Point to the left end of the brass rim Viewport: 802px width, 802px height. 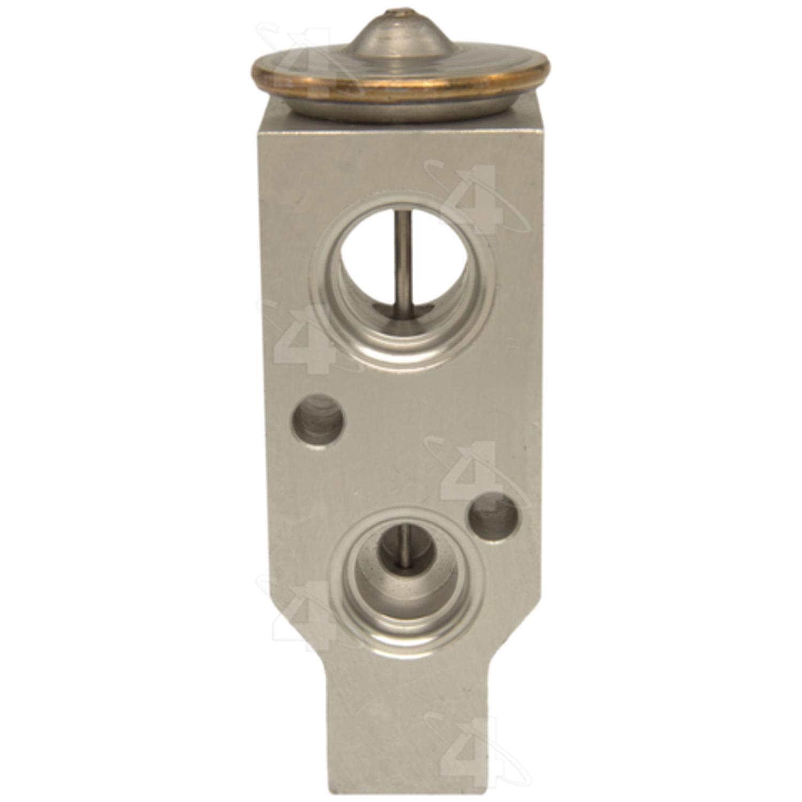point(253,73)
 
